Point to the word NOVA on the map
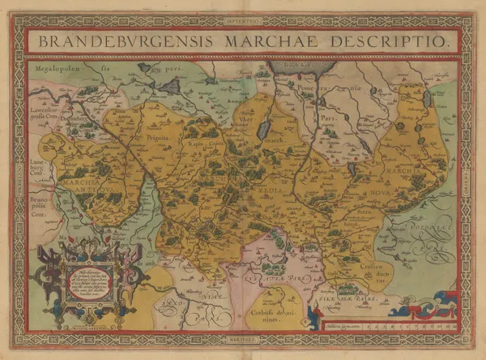point(382,193)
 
